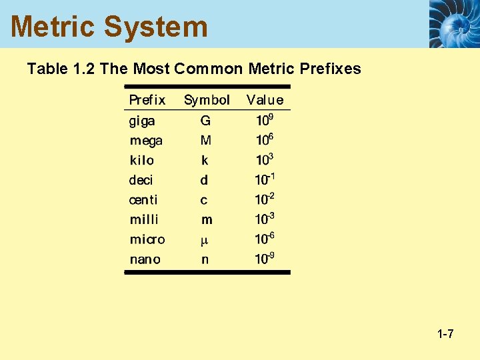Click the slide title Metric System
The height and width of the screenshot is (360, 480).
coord(109,27)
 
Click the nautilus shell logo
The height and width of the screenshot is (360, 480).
coord(454,23)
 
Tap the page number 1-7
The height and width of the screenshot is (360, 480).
coord(445,333)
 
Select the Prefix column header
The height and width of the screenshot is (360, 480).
coord(147,100)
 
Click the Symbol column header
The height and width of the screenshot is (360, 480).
coord(207,100)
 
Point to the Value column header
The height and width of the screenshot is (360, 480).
coord(265,100)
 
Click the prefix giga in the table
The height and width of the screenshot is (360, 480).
coord(142,121)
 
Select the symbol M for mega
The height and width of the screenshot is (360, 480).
coord(205,141)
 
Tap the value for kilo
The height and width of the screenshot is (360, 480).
coord(265,160)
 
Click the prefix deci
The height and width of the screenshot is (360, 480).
coord(141,180)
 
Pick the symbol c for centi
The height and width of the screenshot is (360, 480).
coord(204,200)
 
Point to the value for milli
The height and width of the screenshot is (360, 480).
coord(265,219)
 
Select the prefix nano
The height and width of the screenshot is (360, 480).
coord(145,259)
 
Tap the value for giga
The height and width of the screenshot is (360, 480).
coord(265,121)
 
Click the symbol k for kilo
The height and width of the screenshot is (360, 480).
coord(205,161)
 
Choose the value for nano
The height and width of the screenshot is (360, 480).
coord(265,259)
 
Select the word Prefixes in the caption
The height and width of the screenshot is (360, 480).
coord(329,69)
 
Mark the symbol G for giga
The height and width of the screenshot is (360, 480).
coord(205,121)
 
